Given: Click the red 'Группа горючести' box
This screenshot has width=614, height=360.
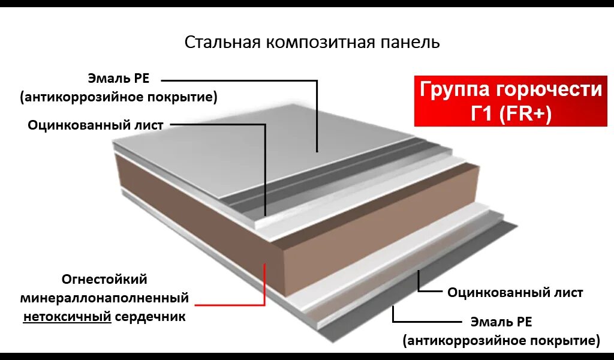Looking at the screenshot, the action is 510,101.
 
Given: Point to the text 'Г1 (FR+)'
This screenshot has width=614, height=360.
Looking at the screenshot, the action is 510,114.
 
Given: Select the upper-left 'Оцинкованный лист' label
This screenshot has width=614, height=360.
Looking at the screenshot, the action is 95,125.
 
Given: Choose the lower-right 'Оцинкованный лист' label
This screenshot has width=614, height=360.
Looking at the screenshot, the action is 515,293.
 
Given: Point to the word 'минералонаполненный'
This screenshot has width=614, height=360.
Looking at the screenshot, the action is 104,298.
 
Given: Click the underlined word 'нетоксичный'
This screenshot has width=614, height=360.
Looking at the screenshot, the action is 67,316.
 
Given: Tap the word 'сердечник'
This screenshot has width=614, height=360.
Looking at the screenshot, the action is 151,316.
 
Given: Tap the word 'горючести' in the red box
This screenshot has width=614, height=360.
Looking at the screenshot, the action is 547,90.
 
